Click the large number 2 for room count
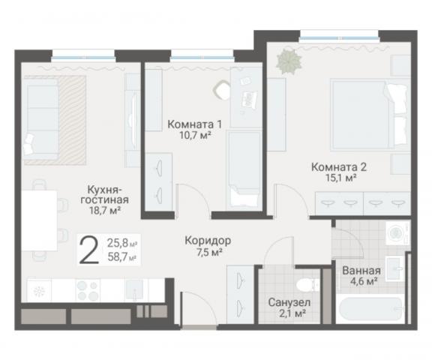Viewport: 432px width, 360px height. (88, 251)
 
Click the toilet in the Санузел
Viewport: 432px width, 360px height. (304, 285)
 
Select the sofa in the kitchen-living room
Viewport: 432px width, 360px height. (40, 120)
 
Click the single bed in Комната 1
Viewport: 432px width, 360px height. (243, 169)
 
